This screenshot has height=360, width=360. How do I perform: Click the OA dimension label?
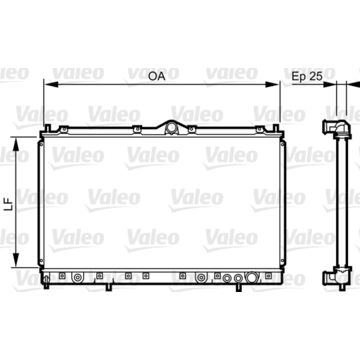tap(157, 76)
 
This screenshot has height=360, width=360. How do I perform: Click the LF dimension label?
tap(9, 204)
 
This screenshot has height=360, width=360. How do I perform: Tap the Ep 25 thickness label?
tap(307, 76)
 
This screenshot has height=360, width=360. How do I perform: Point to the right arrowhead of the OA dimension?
tap(272, 85)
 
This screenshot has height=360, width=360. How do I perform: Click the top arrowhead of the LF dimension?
tap(16, 144)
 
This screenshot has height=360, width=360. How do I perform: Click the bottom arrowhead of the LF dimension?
tap(16, 260)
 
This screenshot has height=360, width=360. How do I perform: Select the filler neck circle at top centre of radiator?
tap(171, 127)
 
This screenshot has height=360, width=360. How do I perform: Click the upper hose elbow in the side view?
tap(337, 129)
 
